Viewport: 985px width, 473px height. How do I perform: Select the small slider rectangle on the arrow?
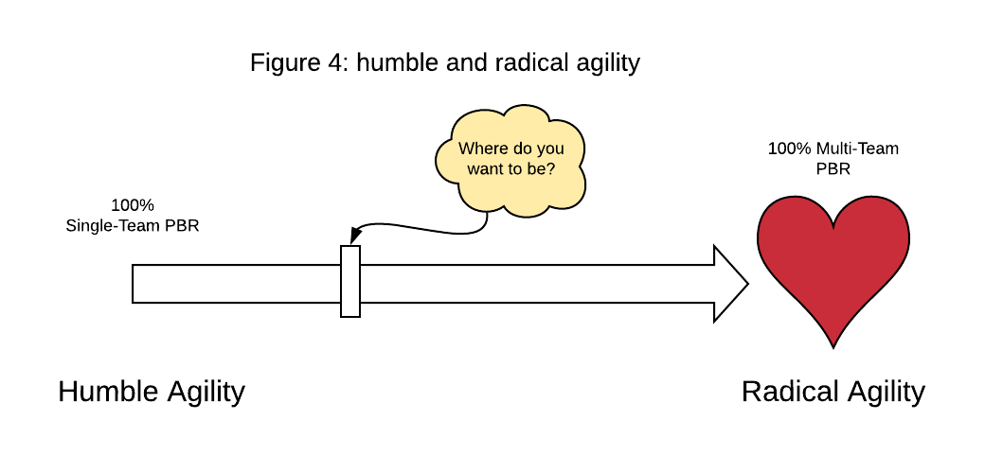350,281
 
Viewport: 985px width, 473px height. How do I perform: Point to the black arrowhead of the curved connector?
354,236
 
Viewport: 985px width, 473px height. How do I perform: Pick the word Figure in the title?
283,64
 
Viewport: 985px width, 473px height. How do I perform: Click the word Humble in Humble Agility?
108,392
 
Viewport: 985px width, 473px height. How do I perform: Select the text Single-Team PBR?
133,226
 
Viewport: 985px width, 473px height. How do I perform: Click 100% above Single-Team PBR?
133,205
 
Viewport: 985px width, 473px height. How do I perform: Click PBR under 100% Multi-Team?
833,168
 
